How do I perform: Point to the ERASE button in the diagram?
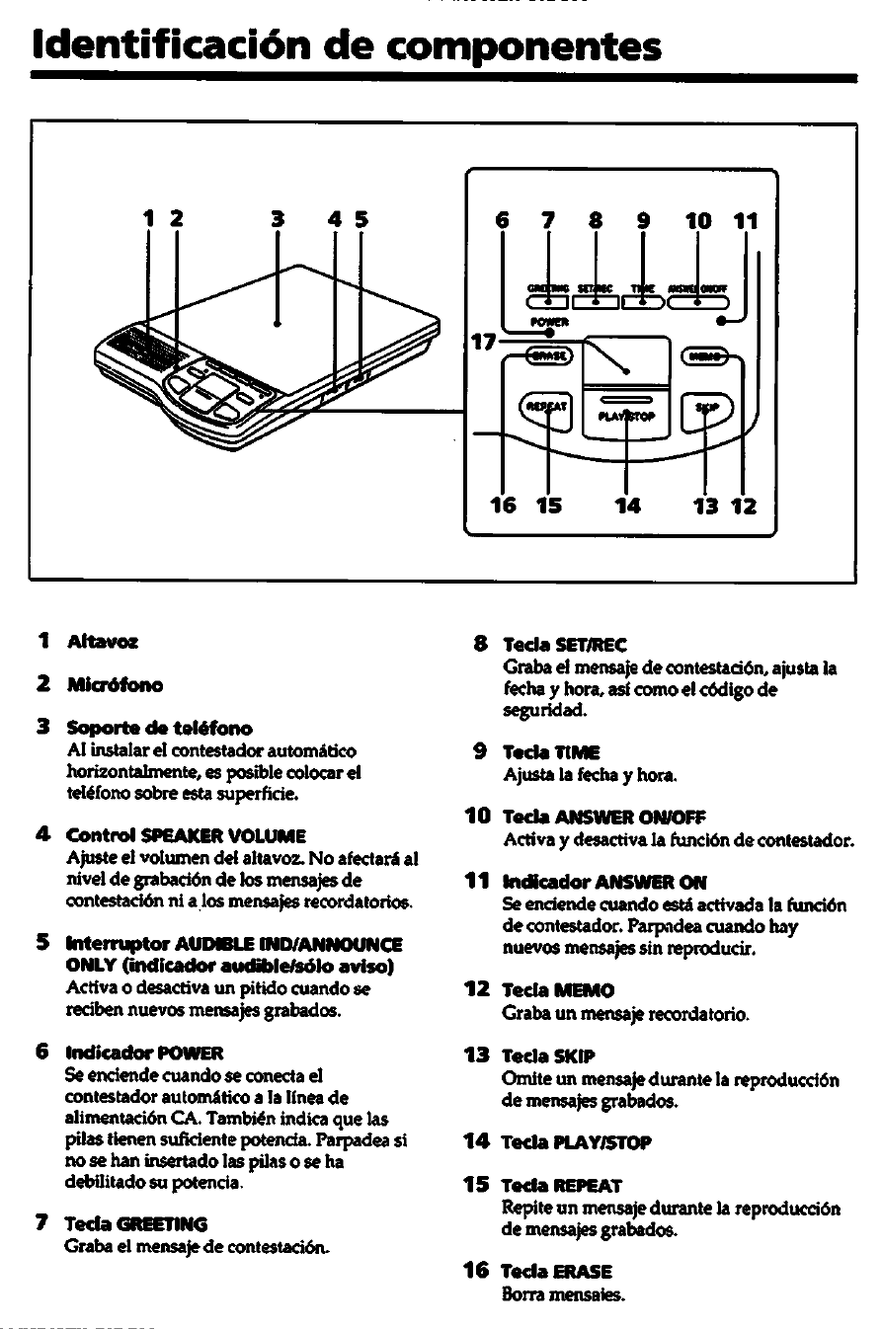[549, 355]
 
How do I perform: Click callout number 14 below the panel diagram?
[627, 506]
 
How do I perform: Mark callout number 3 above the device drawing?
[278, 220]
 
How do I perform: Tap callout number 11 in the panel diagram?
[745, 222]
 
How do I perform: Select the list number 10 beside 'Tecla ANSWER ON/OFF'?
[478, 817]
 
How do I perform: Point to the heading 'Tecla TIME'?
[539, 751]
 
